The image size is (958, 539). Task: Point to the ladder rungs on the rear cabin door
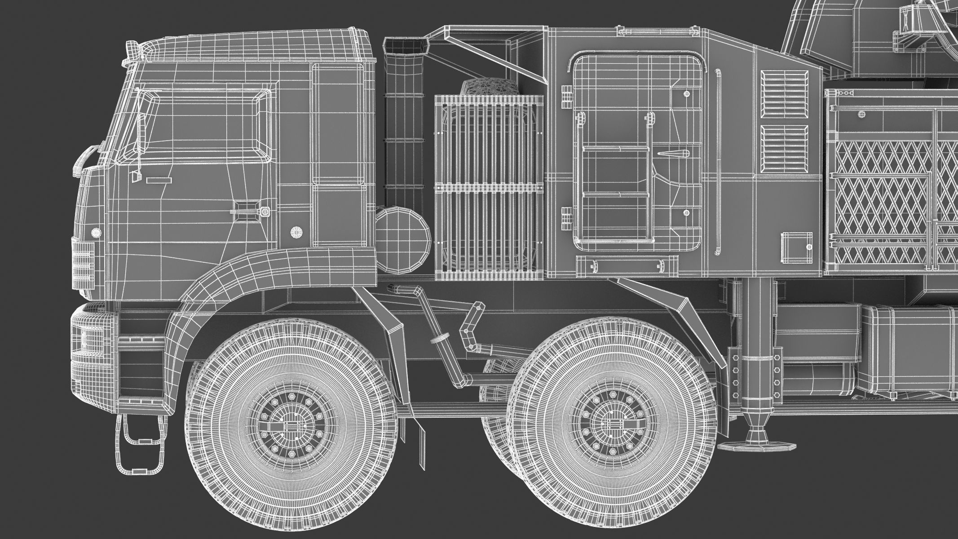coord(615,171)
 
